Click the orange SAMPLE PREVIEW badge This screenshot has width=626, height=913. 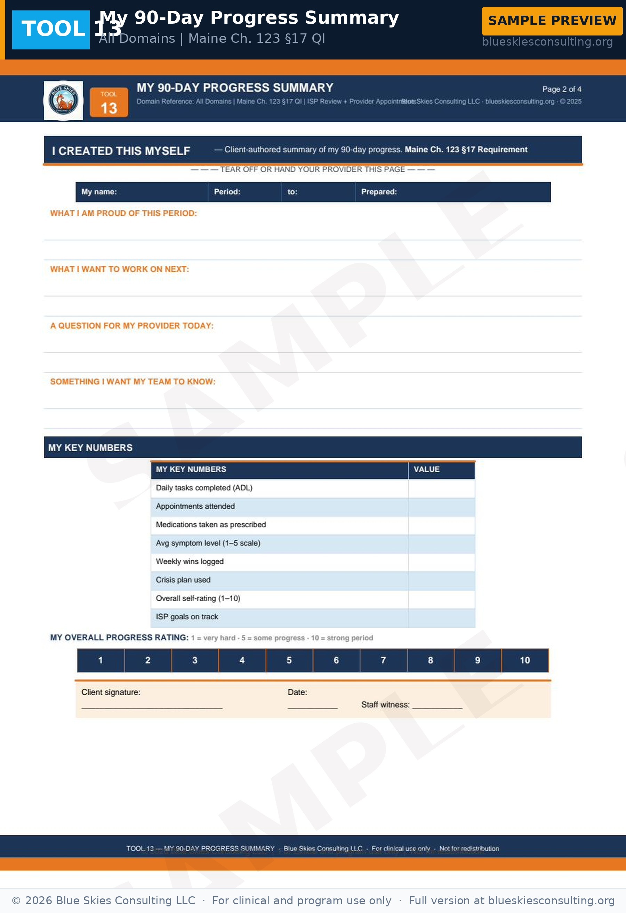coord(552,21)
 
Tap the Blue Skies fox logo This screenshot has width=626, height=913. coord(63,100)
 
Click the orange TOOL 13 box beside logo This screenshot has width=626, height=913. coord(109,102)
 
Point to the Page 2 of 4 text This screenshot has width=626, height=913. coord(561,89)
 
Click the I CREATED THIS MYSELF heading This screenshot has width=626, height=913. coord(121,151)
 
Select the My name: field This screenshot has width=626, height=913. coord(142,192)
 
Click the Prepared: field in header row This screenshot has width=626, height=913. coord(452,192)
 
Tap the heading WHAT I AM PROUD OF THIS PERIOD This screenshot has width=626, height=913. coord(123,213)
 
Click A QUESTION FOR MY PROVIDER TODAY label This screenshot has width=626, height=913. coord(132,326)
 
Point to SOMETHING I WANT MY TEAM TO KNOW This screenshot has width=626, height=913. coord(133,381)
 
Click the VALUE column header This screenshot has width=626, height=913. coord(441,469)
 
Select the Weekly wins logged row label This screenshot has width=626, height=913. coord(190,561)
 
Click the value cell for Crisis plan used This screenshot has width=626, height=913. coord(441,580)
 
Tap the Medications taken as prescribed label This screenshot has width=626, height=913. coord(211,524)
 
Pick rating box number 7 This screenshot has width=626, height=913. coord(383,660)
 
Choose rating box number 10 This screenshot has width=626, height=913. coord(525,660)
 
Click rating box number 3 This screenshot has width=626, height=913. coord(195,660)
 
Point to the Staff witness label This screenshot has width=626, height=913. coord(385,705)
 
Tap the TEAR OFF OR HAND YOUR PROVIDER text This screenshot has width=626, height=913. coord(313,169)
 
